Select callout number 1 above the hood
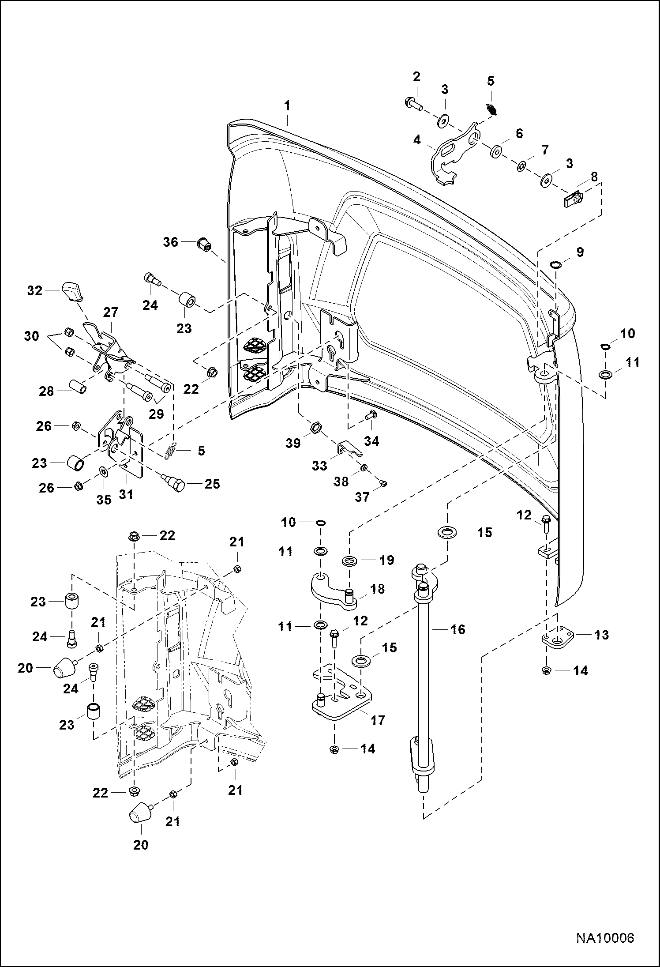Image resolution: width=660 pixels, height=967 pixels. [x=287, y=106]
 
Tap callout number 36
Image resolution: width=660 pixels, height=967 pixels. [x=171, y=242]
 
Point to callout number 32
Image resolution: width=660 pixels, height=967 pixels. [x=35, y=290]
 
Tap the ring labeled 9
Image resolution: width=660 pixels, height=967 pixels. [x=555, y=265]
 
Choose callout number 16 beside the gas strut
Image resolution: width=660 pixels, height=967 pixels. [x=458, y=629]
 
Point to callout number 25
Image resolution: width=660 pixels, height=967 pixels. [x=212, y=484]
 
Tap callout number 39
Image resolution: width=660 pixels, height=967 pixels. [x=293, y=443]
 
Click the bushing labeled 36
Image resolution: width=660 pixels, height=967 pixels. [x=204, y=243]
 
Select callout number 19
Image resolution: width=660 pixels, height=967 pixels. [x=387, y=560]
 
